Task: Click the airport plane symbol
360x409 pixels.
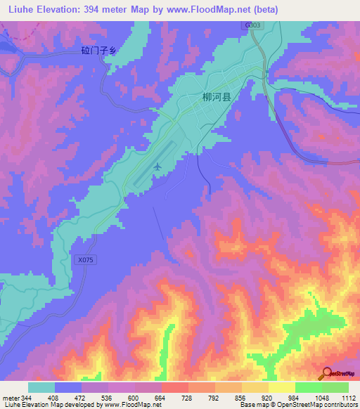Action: (x=157, y=167)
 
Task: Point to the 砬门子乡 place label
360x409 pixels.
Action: (x=98, y=50)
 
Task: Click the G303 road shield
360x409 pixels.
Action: (x=253, y=25)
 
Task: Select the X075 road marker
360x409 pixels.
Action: (x=84, y=259)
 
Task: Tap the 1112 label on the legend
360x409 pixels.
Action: (x=347, y=398)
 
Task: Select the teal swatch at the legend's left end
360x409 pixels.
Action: (x=41, y=387)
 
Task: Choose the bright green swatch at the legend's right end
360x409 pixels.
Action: (x=335, y=387)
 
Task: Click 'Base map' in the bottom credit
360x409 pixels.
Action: (x=252, y=405)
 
